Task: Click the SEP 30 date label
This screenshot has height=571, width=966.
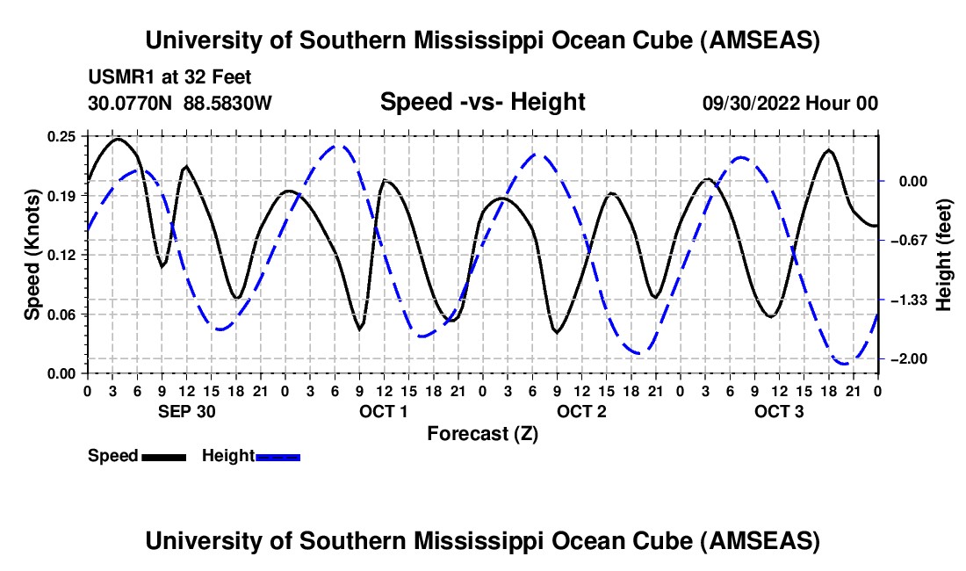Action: coord(186,411)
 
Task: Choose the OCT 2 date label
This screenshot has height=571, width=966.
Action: coord(581,411)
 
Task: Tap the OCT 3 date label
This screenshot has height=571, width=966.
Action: coord(779,411)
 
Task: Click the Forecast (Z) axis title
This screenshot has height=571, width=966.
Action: coord(482,433)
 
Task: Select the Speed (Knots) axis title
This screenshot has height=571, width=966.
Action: coord(32,254)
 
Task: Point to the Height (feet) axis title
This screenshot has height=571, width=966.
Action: coord(944,255)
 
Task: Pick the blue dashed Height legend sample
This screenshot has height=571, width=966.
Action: coord(278,456)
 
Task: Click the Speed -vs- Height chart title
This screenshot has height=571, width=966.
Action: coord(482,102)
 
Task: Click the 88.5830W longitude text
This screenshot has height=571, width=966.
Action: coord(228,103)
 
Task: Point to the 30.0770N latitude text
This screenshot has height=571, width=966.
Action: coord(132,103)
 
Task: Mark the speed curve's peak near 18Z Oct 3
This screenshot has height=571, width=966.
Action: coord(828,150)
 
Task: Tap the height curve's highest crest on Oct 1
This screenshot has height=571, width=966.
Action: coord(337,146)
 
